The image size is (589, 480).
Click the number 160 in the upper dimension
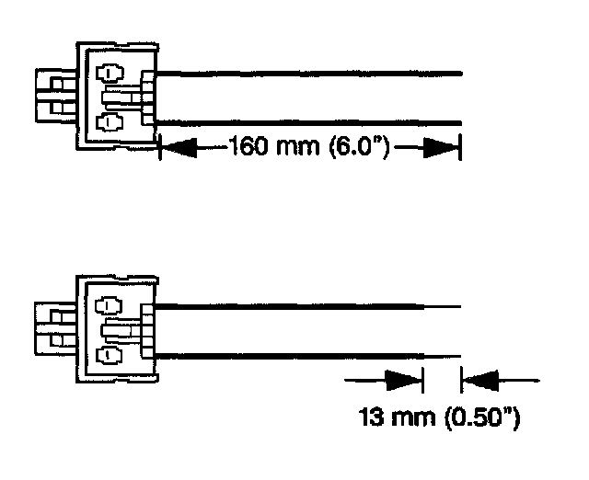coord(247,146)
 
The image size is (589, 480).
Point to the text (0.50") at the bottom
coord(481,420)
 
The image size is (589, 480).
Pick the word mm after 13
coord(415,420)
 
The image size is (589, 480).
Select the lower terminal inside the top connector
coord(109,120)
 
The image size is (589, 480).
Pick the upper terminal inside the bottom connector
coord(109,304)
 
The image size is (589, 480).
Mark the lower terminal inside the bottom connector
coord(109,353)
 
